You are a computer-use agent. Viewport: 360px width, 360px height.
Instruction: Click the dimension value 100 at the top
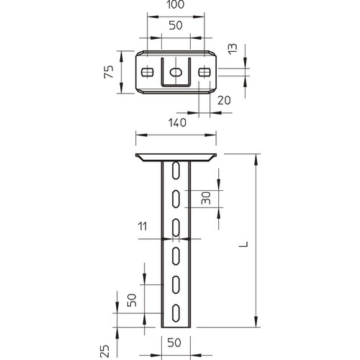[176, 5]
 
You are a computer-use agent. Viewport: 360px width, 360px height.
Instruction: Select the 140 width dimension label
[177, 122]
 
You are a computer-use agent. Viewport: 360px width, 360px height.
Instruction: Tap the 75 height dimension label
[109, 71]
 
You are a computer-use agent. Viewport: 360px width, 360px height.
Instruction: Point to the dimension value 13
[233, 49]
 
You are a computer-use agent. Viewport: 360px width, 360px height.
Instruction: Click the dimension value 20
[224, 100]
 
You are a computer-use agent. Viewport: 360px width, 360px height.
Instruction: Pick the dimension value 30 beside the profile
[206, 198]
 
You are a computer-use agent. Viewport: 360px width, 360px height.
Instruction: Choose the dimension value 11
[143, 226]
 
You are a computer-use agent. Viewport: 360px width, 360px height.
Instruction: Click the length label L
[244, 244]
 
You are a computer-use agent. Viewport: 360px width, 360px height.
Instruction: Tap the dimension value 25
[105, 351]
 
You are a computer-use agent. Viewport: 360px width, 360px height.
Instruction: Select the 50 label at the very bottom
[174, 343]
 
